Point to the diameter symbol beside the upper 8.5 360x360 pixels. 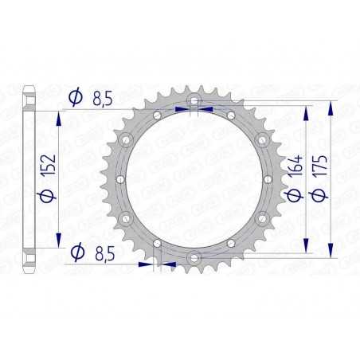pyautogui.click(x=76, y=98)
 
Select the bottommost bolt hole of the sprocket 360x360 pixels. pyautogui.click(x=194, y=256)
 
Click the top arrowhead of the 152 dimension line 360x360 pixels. pyautogui.click(x=58, y=115)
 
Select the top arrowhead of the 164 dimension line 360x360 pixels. pyautogui.click(x=307, y=111)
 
